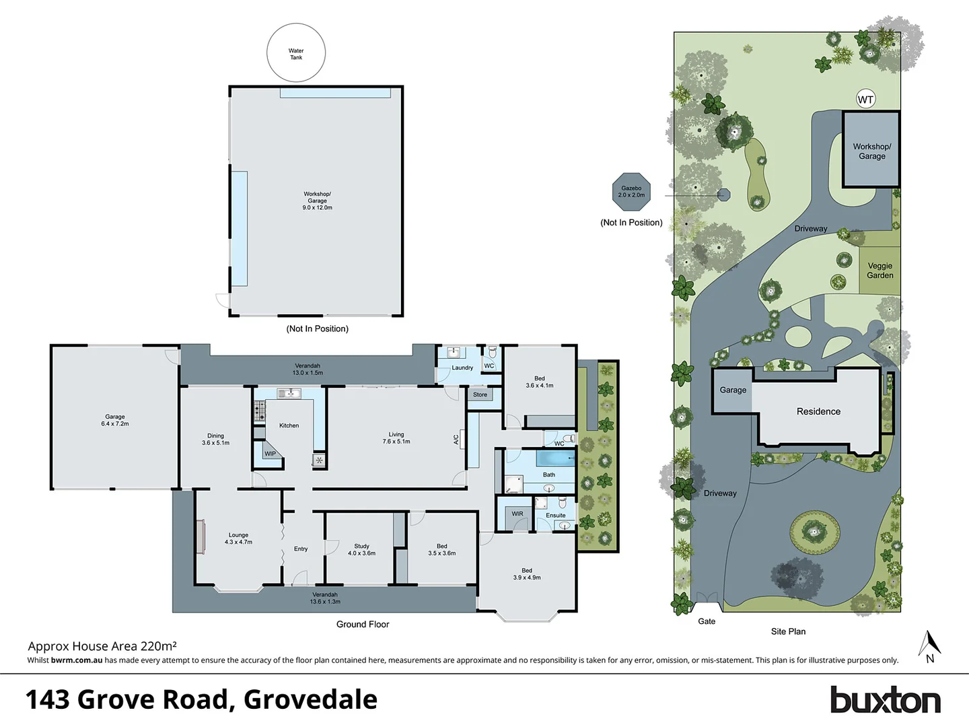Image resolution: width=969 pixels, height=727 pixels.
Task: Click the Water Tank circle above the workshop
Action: point(296,53)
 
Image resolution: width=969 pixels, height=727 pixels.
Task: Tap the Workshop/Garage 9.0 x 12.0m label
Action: point(317,201)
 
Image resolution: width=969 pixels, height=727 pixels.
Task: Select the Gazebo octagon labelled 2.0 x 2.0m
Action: point(631,191)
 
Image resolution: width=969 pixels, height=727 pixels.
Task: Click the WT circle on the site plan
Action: point(865,100)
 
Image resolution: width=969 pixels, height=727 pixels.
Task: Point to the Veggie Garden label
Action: point(880,271)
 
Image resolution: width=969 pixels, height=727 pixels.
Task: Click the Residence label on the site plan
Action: point(818,411)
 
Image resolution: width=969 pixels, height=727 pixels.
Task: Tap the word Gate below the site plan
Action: point(707,621)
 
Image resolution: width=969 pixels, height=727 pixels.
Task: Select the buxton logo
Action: point(885,700)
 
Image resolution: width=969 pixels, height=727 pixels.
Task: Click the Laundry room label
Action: point(462,368)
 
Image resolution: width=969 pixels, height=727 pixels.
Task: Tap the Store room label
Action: point(480,394)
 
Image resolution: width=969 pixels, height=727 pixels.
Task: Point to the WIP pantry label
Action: point(270,454)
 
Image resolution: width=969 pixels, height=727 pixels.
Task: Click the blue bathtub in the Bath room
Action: point(555,459)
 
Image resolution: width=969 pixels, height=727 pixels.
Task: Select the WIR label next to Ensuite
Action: point(517,514)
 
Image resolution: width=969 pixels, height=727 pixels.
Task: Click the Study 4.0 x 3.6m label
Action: point(361,549)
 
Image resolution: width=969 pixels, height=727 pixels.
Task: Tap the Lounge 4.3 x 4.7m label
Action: point(238,539)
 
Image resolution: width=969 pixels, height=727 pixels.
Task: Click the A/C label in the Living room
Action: point(456,440)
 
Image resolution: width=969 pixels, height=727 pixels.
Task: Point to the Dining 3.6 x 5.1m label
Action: point(215,439)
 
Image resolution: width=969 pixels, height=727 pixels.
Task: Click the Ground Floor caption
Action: point(363,624)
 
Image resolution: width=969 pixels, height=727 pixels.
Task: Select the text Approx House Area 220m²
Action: point(102,646)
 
